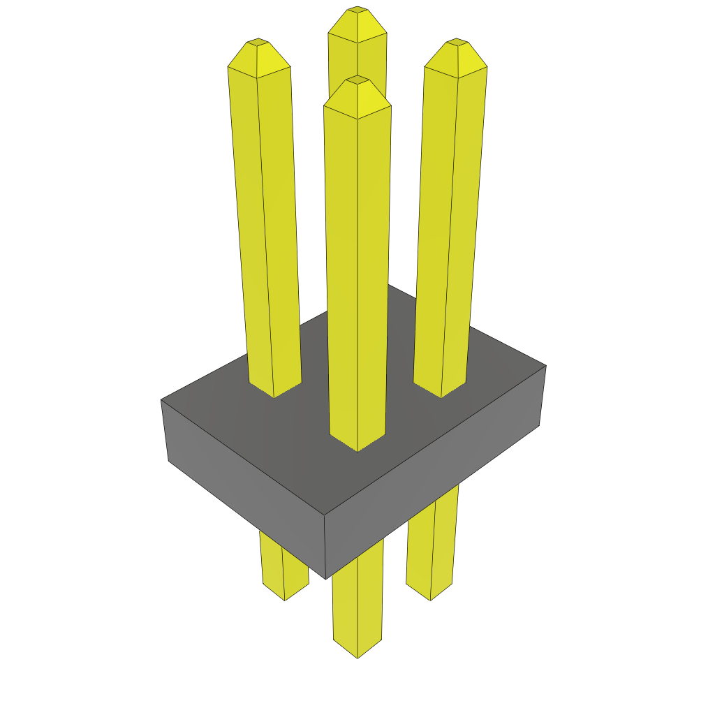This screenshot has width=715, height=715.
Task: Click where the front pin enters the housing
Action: (357, 447)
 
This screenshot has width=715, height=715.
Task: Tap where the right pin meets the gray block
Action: (441, 393)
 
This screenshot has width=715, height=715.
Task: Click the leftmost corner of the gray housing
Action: (161, 400)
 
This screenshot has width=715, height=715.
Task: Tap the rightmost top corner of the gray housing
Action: (545, 365)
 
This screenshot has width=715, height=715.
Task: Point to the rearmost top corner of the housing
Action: (389, 285)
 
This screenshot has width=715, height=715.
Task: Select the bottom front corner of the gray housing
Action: (326, 578)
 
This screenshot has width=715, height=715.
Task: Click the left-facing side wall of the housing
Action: (244, 489)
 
